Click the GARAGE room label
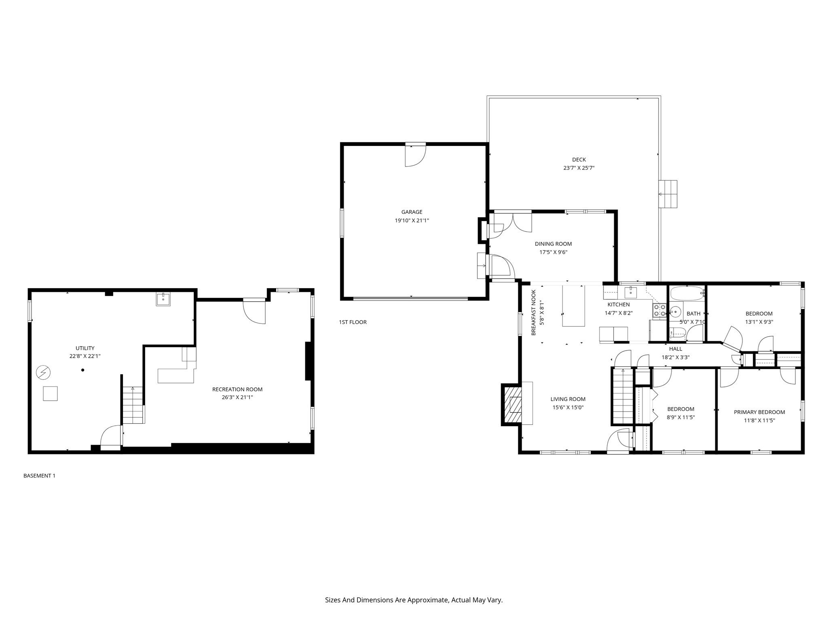click(412, 212)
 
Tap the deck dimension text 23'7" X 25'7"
click(579, 168)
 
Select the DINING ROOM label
click(553, 244)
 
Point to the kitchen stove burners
click(659, 310)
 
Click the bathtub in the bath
click(687, 294)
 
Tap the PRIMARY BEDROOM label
click(759, 412)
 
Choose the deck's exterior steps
click(667, 194)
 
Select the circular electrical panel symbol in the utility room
click(42, 372)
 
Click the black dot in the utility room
click(83, 370)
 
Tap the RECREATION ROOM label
click(237, 389)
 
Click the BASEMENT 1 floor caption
click(39, 476)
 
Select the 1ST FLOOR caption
click(353, 322)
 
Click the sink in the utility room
click(163, 300)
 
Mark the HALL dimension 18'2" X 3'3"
click(675, 357)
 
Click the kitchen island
click(573, 306)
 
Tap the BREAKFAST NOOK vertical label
click(533, 312)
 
